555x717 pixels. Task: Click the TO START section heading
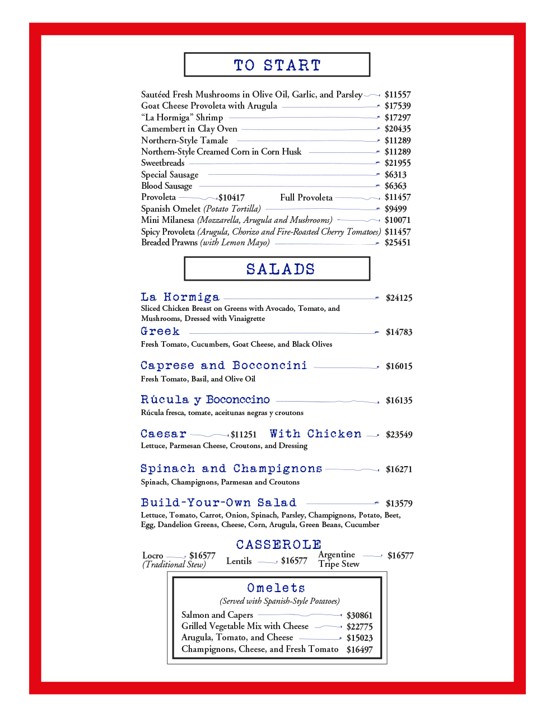tap(277, 65)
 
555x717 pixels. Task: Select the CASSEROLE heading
tap(278, 544)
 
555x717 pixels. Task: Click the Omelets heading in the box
tap(276, 588)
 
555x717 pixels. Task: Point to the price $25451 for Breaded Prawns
tap(397, 243)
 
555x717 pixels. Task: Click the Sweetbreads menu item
tap(162, 163)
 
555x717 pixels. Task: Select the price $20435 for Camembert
tap(397, 129)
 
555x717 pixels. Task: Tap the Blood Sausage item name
tap(166, 186)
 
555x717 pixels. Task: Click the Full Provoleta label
tap(306, 197)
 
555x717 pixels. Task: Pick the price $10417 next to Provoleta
tap(231, 198)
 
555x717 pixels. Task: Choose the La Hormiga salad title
tap(180, 297)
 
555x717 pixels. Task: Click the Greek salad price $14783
tap(399, 332)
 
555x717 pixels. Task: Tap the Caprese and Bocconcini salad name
tap(223, 366)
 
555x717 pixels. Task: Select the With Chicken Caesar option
tap(315, 434)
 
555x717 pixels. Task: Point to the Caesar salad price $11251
tap(244, 435)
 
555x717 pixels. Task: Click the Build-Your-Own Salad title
tap(218, 502)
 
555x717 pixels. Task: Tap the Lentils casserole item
tap(239, 561)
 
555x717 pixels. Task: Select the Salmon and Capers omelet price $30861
tap(359, 615)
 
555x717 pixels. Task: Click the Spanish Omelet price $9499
tap(395, 209)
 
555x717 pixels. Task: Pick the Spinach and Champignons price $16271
tap(399, 469)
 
